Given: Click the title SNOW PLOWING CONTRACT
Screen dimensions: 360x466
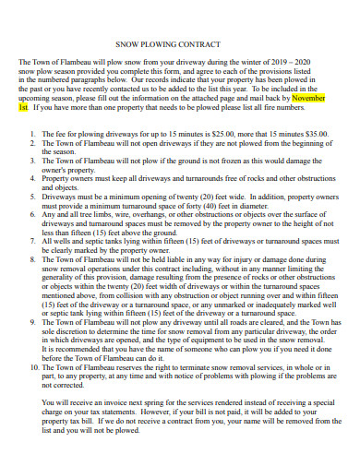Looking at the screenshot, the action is (179, 44).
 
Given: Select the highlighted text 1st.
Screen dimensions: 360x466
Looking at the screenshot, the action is (23, 106).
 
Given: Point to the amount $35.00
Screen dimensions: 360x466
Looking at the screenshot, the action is (313, 133).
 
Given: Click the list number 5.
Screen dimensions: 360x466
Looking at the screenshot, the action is (31, 196).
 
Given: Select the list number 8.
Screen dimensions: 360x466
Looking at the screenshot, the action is (31, 259).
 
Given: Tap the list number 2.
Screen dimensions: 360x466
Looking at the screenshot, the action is (31, 142).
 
